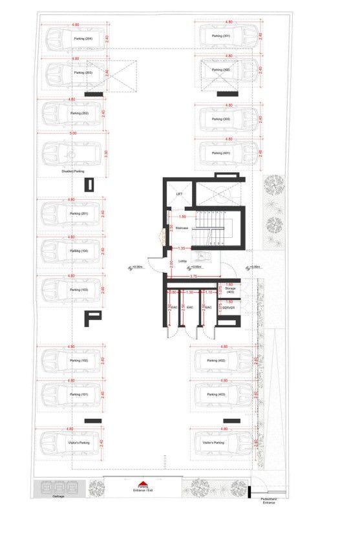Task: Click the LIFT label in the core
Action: click(180, 194)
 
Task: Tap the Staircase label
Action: click(182, 228)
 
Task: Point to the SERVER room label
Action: click(228, 308)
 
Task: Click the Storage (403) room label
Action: click(231, 291)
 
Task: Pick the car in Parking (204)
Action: click(72, 39)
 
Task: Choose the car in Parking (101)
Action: click(72, 394)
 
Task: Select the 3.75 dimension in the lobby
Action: click(193, 277)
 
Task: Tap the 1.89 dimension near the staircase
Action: click(182, 217)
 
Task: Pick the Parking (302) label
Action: click(222, 70)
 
